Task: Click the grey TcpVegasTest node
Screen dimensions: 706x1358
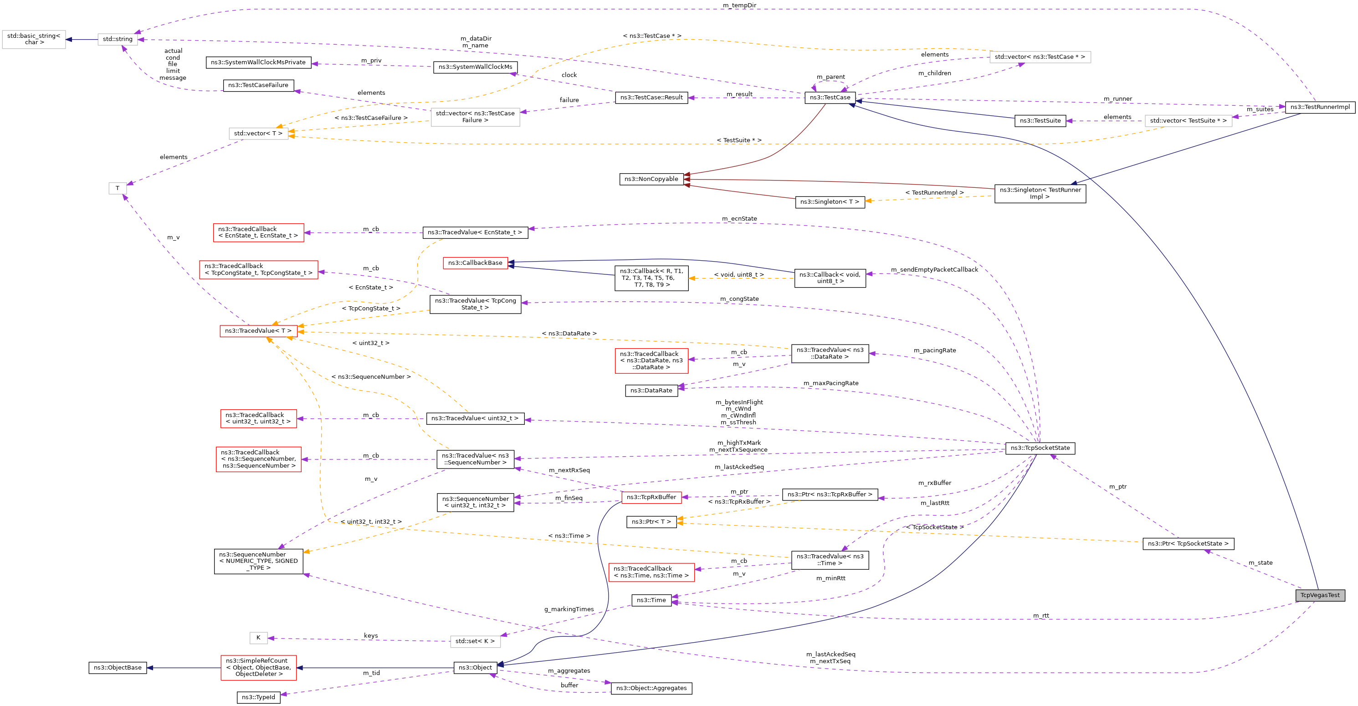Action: click(x=1320, y=595)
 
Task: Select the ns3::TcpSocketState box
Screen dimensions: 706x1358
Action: click(x=1040, y=448)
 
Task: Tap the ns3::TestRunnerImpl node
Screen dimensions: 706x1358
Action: click(x=1320, y=107)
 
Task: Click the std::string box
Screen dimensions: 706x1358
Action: click(x=118, y=39)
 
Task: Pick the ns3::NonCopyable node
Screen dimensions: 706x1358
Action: click(x=651, y=179)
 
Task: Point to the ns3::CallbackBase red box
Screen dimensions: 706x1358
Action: click(x=475, y=263)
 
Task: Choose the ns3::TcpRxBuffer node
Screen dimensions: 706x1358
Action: click(x=651, y=497)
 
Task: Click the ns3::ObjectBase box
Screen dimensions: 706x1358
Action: click(x=118, y=668)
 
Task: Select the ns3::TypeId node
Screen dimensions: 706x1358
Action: click(x=258, y=697)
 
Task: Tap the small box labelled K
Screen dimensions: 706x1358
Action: click(x=258, y=638)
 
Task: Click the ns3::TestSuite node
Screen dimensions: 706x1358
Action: click(x=1040, y=121)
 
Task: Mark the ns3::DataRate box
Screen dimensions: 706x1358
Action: click(x=651, y=391)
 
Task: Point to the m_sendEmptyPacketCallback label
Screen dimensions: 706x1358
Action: click(x=934, y=270)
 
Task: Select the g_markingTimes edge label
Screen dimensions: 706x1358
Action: click(x=569, y=609)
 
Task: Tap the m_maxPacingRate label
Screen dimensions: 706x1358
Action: click(x=830, y=383)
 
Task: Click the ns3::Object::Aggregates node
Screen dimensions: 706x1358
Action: click(x=651, y=688)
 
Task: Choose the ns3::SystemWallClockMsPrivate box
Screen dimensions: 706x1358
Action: click(x=258, y=62)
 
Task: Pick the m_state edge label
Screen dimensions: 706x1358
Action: click(x=1260, y=563)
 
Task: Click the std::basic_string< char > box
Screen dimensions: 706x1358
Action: click(x=34, y=39)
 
